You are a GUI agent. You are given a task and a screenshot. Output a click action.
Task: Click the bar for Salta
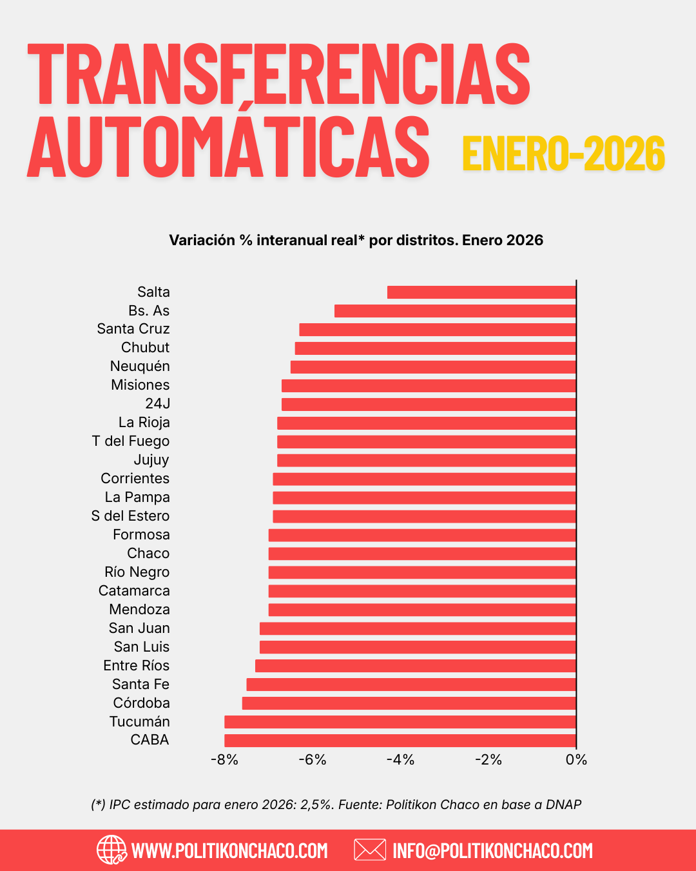tap(481, 292)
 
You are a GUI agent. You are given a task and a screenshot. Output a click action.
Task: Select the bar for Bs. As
tap(455, 311)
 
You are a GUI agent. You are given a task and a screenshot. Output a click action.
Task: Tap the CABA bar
tap(400, 741)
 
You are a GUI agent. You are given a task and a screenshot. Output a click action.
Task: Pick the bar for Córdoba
tap(409, 703)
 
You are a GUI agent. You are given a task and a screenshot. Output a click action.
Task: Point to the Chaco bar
tap(422, 554)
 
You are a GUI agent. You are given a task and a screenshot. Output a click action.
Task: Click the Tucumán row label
tap(140, 722)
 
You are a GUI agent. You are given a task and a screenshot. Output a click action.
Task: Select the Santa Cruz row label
tap(133, 329)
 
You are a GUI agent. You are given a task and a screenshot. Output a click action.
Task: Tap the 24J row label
tap(158, 404)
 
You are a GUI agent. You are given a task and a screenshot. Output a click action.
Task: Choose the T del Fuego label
tap(131, 441)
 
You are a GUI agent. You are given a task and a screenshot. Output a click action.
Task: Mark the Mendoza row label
tap(139, 610)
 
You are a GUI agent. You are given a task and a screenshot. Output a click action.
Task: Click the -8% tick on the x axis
tap(224, 760)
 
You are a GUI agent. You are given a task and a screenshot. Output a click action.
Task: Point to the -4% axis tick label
tap(400, 760)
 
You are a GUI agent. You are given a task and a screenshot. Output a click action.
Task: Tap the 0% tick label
tap(576, 760)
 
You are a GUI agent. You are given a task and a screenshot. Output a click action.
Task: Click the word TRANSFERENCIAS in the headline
tap(278, 74)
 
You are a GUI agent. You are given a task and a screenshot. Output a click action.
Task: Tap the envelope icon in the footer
tap(370, 850)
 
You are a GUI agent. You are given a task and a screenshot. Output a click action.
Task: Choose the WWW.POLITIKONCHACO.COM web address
tap(229, 850)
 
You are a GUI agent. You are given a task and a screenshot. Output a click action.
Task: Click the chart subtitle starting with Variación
tap(356, 241)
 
